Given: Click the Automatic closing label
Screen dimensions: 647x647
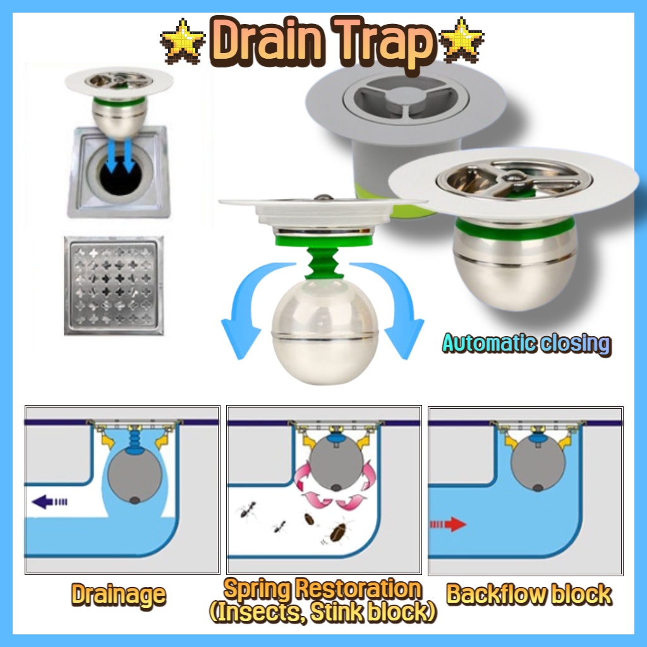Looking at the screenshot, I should click(x=526, y=344).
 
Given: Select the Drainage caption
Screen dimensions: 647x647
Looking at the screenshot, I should click(x=118, y=595).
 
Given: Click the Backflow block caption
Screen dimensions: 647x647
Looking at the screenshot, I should click(x=529, y=595).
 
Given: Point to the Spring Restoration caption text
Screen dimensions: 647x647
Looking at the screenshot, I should click(x=323, y=590).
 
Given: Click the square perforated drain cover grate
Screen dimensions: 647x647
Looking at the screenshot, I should click(x=114, y=286).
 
